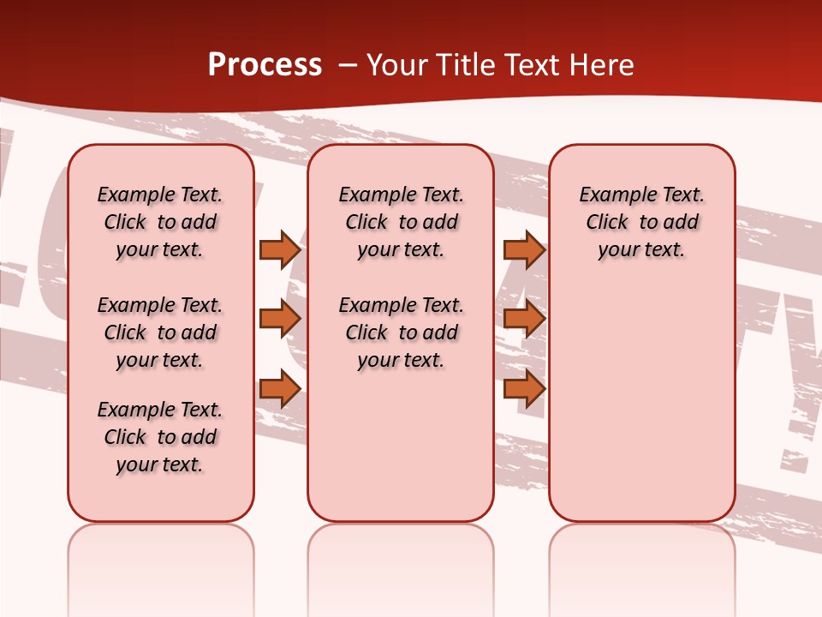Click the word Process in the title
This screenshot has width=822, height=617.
tap(265, 65)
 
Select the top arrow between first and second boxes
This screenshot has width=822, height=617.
tap(280, 249)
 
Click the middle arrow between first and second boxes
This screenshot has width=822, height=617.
tap(280, 319)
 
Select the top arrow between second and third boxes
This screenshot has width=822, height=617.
tap(524, 249)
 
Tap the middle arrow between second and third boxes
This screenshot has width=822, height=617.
tap(524, 319)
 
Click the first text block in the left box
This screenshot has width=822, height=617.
tap(160, 222)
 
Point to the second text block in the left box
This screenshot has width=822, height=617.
tap(160, 332)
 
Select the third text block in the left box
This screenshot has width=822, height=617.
tap(160, 437)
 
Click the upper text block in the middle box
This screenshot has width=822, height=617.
tap(401, 222)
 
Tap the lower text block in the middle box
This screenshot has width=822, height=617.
tap(401, 332)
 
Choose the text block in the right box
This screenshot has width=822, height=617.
tap(642, 222)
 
